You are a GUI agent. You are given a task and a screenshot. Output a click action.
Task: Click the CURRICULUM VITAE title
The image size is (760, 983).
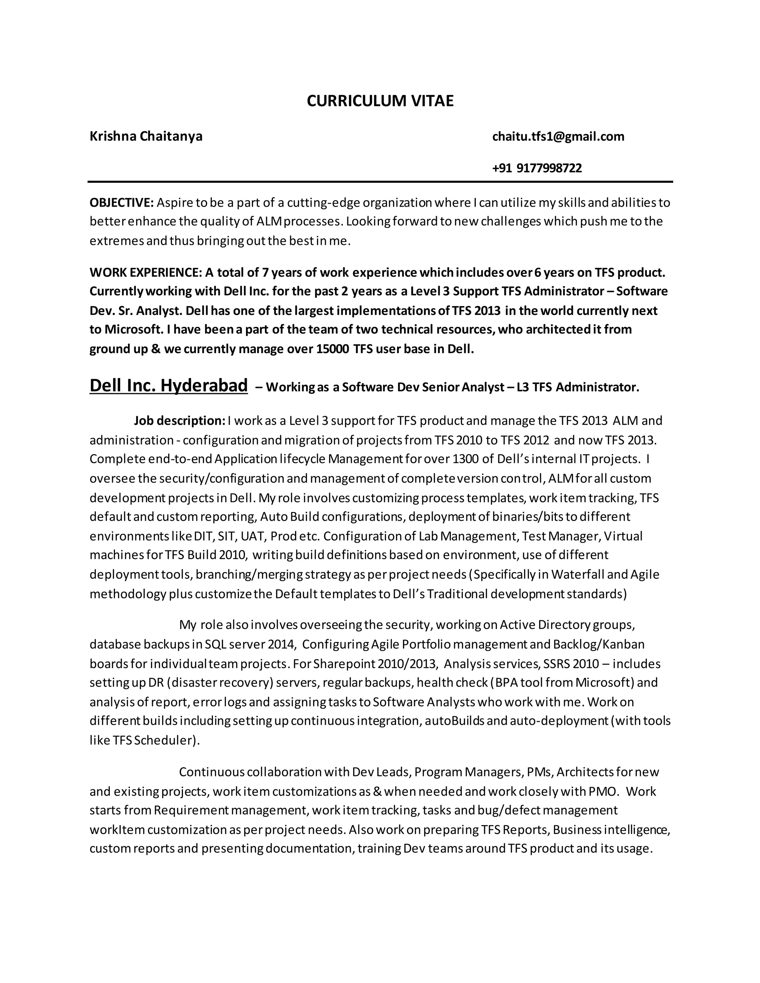(x=380, y=101)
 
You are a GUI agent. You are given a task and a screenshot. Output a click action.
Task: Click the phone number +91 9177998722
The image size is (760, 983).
(x=537, y=168)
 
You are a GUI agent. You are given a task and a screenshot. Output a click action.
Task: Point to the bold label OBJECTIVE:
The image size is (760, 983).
(x=122, y=203)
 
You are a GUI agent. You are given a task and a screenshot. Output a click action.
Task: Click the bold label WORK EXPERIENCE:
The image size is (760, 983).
(x=145, y=272)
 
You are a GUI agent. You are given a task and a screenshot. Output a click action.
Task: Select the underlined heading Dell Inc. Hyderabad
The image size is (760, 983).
(x=168, y=386)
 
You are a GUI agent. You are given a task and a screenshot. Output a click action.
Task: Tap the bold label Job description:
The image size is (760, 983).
(x=179, y=420)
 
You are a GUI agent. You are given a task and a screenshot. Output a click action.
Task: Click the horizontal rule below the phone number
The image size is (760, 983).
(x=380, y=182)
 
